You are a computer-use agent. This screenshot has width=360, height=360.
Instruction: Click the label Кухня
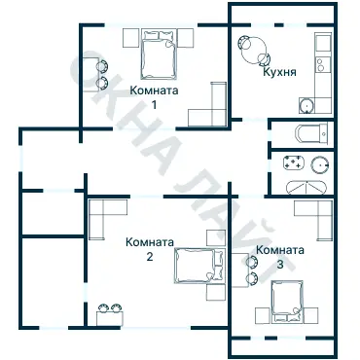(x=279, y=72)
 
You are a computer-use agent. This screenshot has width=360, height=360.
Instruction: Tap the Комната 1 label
(x=154, y=97)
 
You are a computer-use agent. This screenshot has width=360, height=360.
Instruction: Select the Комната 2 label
(x=150, y=249)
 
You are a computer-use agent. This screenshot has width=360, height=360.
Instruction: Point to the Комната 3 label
(x=280, y=257)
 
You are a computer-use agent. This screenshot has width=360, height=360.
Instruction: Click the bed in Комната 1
(x=159, y=55)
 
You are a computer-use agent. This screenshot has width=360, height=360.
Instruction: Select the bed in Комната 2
(x=199, y=266)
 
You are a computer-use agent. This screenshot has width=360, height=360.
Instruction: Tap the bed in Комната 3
(x=287, y=302)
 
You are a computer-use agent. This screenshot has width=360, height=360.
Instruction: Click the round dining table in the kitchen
(x=254, y=51)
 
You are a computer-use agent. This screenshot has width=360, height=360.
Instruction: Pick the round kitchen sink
(x=306, y=106)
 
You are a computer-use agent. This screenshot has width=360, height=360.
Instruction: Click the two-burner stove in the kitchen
(x=323, y=64)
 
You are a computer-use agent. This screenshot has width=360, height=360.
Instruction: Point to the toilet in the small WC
(x=312, y=133)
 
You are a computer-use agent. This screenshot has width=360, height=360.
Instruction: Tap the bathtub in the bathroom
(x=306, y=187)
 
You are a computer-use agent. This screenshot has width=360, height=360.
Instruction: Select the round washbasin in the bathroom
(x=320, y=165)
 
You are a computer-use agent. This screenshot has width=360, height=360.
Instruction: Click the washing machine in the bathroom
(x=294, y=163)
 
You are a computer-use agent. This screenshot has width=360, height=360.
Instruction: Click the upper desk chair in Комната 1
(x=102, y=66)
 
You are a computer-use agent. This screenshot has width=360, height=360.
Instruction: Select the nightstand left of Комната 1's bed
(x=130, y=38)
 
